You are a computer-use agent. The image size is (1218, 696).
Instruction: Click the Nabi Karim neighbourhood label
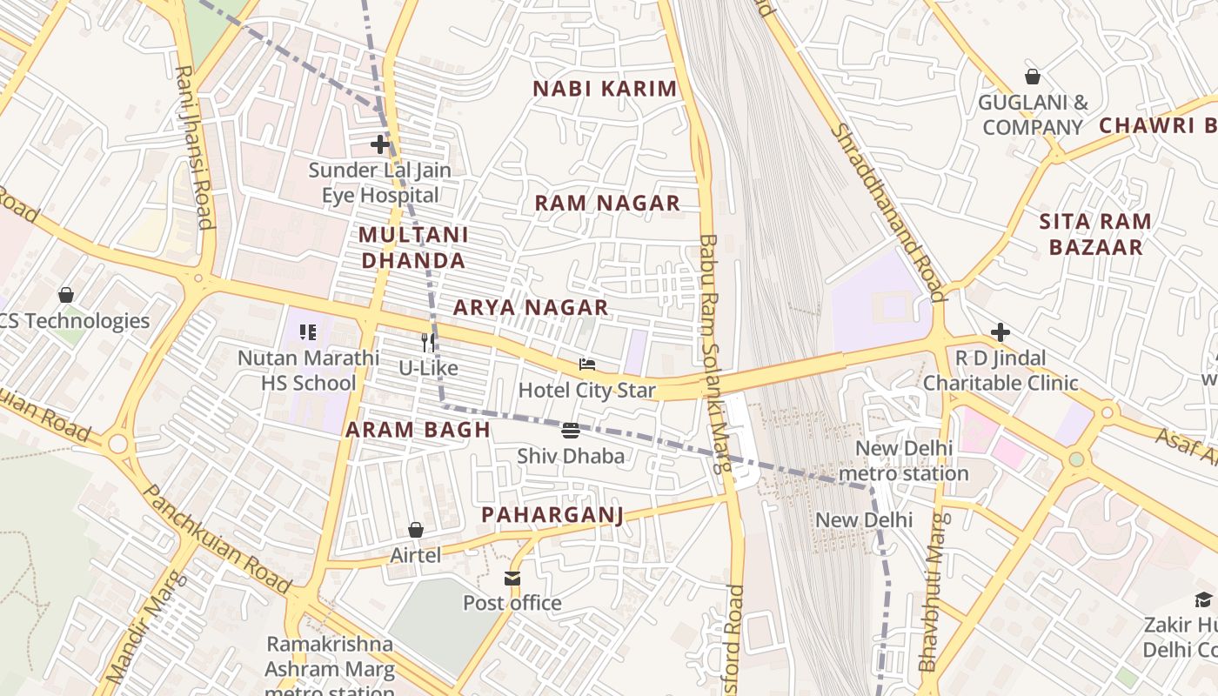(x=605, y=89)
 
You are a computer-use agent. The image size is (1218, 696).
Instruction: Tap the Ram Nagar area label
(x=606, y=204)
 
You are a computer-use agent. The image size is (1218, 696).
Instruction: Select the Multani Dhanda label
(x=413, y=247)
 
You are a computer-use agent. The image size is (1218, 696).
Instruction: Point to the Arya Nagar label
(x=531, y=307)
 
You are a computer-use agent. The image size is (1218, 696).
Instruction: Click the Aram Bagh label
(x=418, y=430)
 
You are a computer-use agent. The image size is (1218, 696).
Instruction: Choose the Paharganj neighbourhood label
(x=552, y=515)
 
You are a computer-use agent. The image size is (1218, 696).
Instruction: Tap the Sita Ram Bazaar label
(x=1095, y=234)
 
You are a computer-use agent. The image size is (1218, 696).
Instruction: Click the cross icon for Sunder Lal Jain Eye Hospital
(x=380, y=144)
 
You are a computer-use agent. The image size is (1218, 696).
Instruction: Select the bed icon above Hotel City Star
(x=587, y=365)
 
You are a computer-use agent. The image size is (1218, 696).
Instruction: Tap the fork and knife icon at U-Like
(x=428, y=342)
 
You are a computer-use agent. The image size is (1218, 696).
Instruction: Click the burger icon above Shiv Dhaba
(x=571, y=430)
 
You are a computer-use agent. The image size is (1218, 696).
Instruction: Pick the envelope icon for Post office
(x=512, y=578)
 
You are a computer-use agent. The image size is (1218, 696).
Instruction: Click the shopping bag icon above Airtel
(x=416, y=530)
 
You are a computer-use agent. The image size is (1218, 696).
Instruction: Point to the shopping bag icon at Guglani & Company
(x=1033, y=77)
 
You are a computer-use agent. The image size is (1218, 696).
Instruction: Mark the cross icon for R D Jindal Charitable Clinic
(x=1000, y=332)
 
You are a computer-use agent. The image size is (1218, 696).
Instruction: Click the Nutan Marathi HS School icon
(x=308, y=332)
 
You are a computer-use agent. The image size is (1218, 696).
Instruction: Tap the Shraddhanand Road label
(x=887, y=211)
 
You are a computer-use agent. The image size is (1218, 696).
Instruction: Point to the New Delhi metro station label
(x=904, y=461)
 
